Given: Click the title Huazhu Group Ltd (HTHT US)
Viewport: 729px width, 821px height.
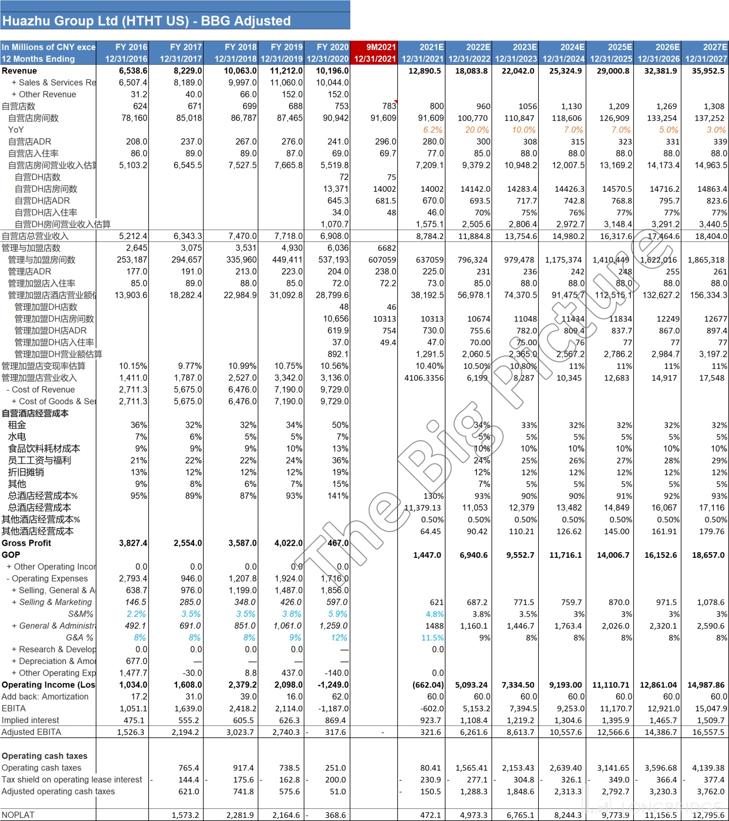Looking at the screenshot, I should pyautogui.click(x=146, y=21).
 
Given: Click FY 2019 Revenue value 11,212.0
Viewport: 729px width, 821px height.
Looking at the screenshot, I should pyautogui.click(x=286, y=71).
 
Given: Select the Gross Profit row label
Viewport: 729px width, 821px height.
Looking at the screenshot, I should pyautogui.click(x=26, y=543).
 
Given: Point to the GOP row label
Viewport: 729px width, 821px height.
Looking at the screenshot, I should pyautogui.click(x=11, y=555).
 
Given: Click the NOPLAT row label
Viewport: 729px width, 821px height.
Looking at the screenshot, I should pyautogui.click(x=18, y=815).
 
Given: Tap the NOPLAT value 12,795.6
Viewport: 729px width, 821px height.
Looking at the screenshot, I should pyautogui.click(x=708, y=815).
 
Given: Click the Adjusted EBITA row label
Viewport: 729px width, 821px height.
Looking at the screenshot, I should pyautogui.click(x=31, y=732).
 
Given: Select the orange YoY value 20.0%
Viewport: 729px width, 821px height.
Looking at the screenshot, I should pyautogui.click(x=477, y=130).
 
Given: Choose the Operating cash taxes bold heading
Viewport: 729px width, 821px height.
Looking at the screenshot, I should pyautogui.click(x=45, y=756).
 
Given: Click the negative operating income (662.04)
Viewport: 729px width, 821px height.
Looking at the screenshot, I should pyautogui.click(x=428, y=685).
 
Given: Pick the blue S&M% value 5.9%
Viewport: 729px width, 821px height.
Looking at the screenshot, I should pyautogui.click(x=338, y=614).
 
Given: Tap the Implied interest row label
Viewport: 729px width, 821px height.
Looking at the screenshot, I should pyautogui.click(x=30, y=720).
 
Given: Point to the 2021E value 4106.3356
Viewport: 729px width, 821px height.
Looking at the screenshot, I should pyautogui.click(x=424, y=378).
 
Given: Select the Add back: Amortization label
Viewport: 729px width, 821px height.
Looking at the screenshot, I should pyautogui.click(x=45, y=696).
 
